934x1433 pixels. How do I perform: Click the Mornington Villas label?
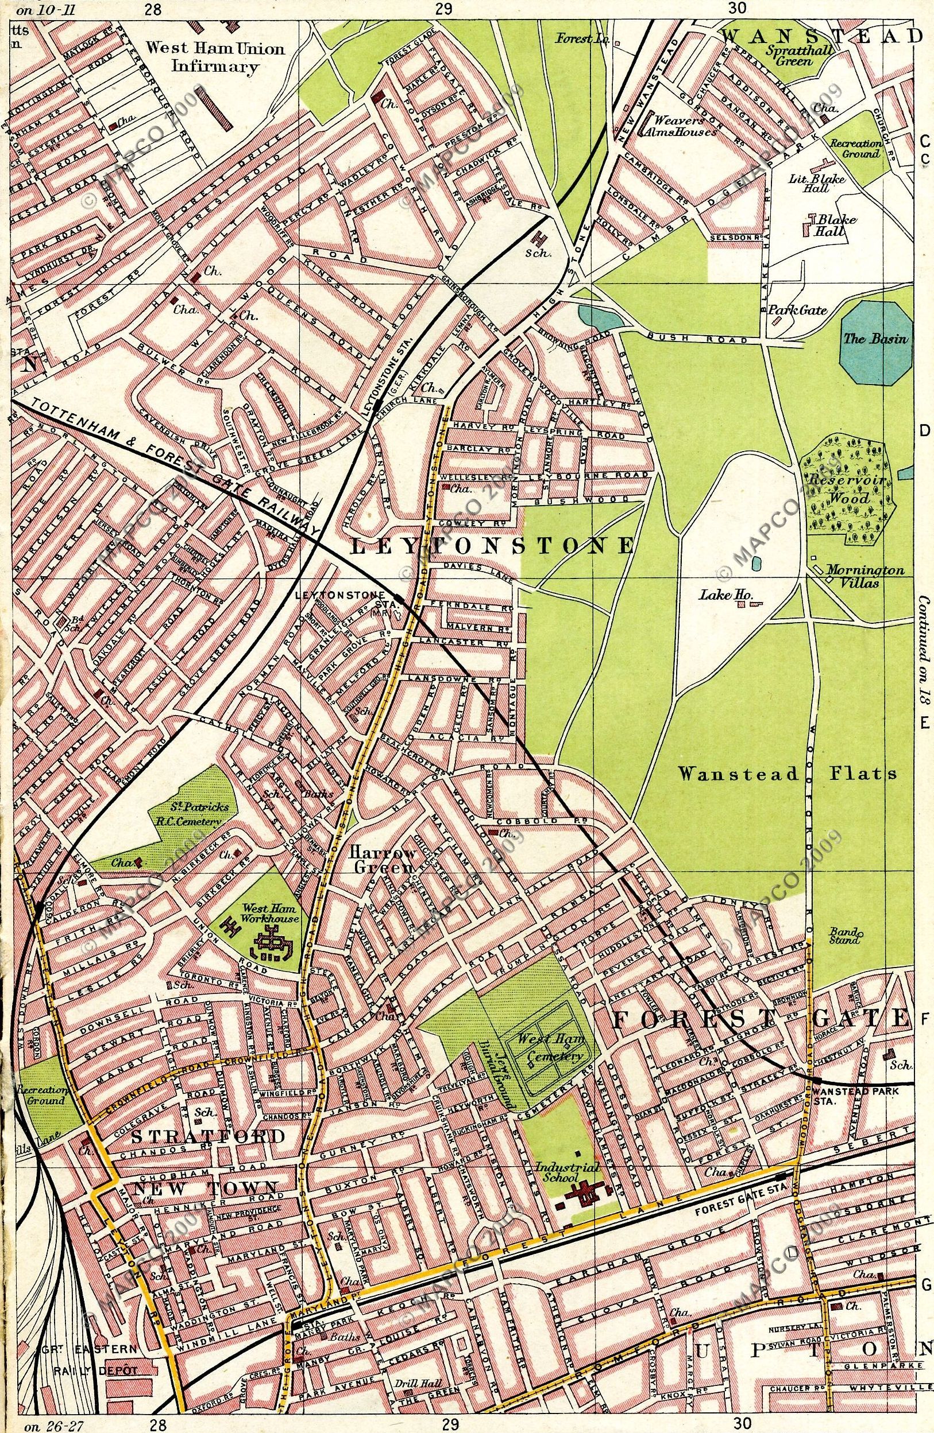tap(865, 576)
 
